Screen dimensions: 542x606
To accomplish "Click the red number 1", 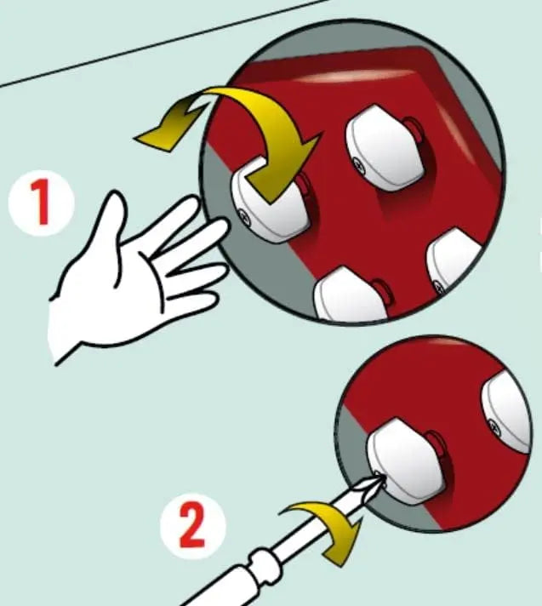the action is click(x=41, y=202).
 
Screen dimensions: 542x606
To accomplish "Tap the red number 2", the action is click(x=192, y=527).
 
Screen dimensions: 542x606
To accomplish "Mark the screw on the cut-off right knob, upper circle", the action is click(x=440, y=287).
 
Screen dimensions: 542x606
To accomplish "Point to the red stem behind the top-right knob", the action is click(x=414, y=129).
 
